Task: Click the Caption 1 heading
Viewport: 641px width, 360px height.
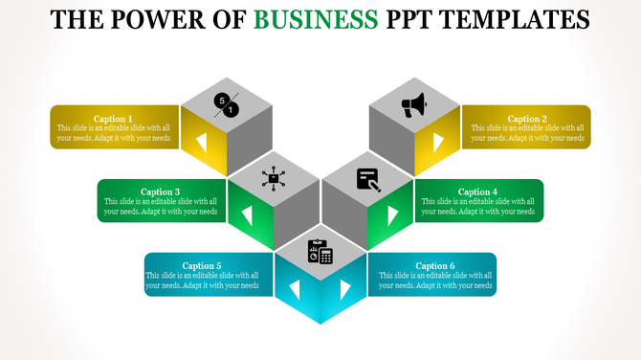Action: point(113,119)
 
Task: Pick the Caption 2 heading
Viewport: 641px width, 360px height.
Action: point(527,119)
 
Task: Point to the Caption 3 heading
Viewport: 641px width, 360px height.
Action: point(160,191)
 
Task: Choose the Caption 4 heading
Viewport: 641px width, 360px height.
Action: point(477,191)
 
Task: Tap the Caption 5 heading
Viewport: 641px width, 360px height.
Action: point(202,265)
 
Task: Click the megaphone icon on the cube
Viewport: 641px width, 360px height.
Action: point(414,105)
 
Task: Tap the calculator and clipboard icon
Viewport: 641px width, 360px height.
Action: point(320,252)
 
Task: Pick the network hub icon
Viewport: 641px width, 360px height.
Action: point(274,178)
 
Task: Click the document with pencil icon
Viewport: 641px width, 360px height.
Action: point(368,179)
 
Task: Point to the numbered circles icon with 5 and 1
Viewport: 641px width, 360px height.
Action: point(227,106)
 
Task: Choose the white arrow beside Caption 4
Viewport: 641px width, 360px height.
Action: point(392,215)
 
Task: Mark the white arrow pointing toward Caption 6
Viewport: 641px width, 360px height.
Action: point(344,288)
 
